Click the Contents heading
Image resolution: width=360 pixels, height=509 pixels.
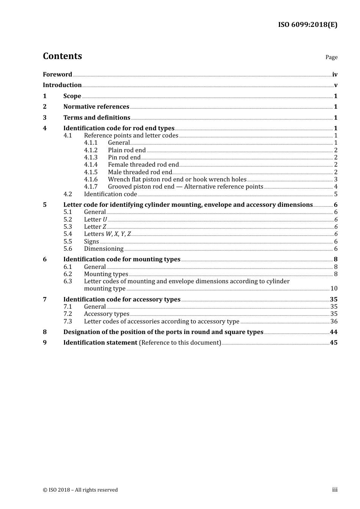[62, 56]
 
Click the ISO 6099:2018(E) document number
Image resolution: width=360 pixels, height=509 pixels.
[307, 25]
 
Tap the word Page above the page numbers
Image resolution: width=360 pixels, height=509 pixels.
[331, 57]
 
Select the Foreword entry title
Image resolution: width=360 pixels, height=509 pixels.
[57, 75]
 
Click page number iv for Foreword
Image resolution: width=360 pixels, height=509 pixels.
[335, 75]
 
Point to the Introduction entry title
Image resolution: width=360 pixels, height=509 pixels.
[62, 85]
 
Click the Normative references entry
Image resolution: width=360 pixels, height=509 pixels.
[96, 107]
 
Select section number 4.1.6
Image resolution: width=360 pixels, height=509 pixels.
[91, 180]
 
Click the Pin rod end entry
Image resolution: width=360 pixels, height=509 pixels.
[124, 158]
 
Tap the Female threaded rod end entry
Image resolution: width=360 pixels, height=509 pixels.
[143, 165]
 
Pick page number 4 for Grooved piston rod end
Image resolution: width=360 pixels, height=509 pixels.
[336, 187]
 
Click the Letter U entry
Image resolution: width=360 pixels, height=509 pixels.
[95, 220]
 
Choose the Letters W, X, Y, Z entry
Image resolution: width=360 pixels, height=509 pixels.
[107, 234]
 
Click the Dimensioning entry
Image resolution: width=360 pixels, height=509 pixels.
[104, 249]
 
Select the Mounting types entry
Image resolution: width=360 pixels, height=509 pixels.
[106, 274]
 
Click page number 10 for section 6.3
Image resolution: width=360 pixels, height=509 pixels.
[334, 289]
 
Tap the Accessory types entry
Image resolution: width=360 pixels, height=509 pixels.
[106, 314]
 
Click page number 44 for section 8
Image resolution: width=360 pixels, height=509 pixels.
[333, 332]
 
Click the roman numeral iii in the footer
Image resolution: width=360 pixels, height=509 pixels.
[335, 490]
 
